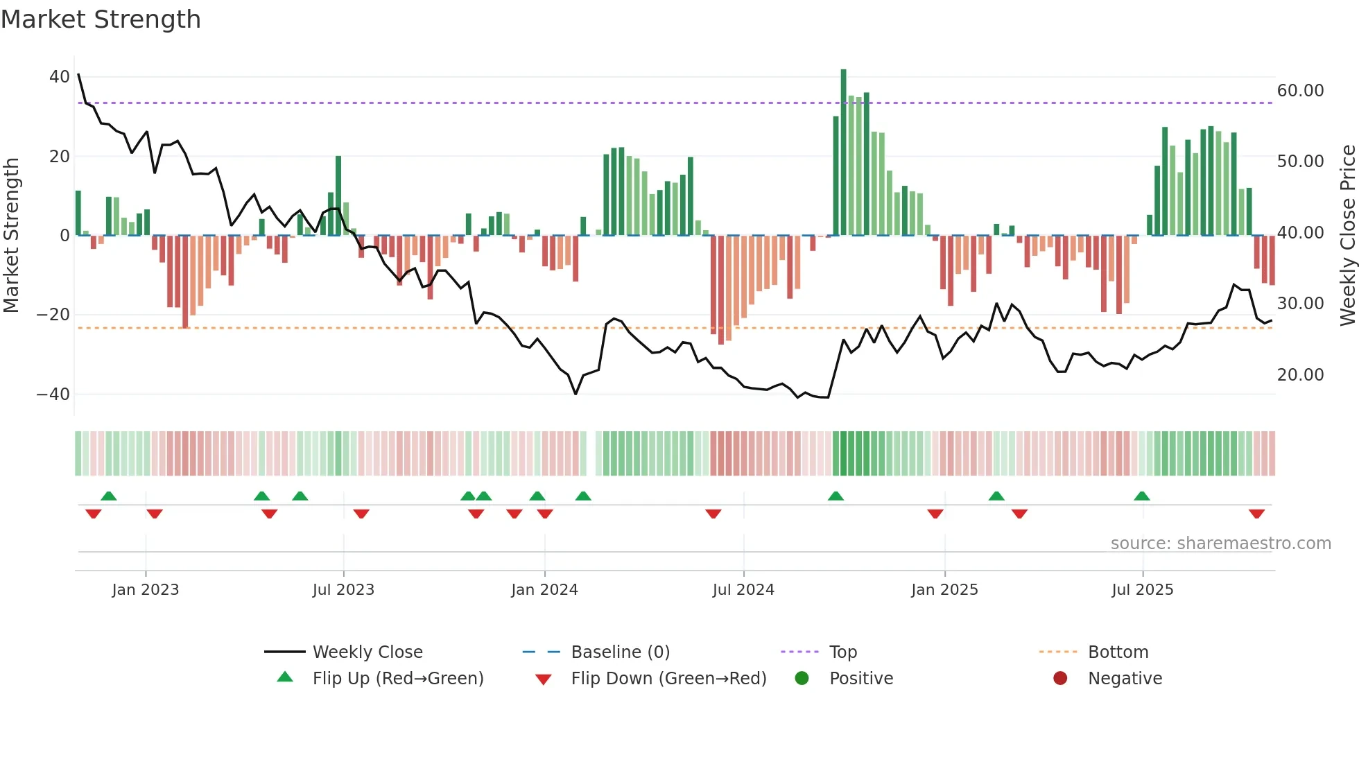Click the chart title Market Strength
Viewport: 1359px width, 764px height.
[101, 19]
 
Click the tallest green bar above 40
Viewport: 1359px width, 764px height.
[843, 152]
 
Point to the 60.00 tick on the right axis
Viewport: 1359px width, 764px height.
[1300, 91]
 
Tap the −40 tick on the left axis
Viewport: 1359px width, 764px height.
[53, 394]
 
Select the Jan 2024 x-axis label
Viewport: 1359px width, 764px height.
[544, 590]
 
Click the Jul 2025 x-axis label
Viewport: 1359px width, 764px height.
[1142, 590]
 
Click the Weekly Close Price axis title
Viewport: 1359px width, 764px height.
[1347, 235]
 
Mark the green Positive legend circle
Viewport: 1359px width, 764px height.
[802, 679]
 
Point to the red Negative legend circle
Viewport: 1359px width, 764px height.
[1060, 679]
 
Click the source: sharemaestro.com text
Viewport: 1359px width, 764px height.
[1220, 544]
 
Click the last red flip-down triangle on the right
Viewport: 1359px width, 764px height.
[1256, 514]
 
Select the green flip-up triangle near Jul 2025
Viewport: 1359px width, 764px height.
[1142, 496]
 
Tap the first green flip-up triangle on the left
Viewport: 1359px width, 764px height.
[109, 496]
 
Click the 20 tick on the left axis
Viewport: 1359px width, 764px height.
[60, 157]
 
